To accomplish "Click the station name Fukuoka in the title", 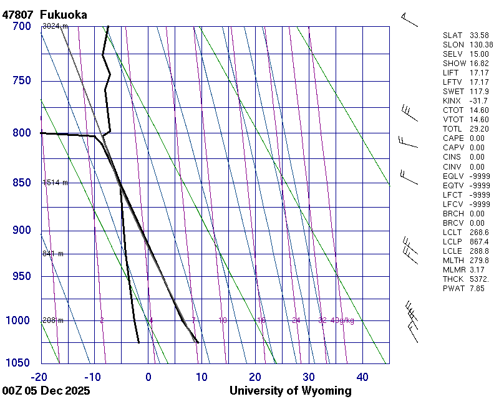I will click(63, 14).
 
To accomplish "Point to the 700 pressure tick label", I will click(21, 26).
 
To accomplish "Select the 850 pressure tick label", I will click(21, 183).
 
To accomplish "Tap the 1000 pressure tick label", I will click(19, 320).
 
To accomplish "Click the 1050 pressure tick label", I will click(19, 363).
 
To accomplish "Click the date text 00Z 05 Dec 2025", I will click(46, 391).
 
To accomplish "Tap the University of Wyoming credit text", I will click(290, 391).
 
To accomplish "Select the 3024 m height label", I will click(55, 26).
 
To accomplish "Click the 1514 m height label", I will click(55, 183).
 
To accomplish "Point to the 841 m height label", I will click(53, 254).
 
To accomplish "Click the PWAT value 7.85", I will click(477, 288).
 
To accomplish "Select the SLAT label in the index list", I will click(453, 36).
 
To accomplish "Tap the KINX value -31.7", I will click(478, 101).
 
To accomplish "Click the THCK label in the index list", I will click(453, 279).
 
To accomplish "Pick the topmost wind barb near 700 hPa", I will click(409, 19).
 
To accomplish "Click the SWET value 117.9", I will click(478, 92).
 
